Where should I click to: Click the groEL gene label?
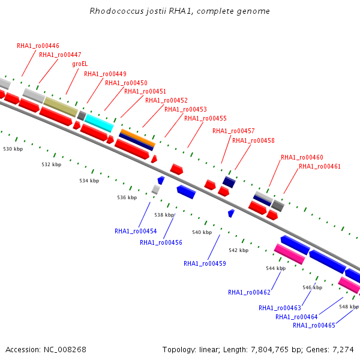pos(80,64)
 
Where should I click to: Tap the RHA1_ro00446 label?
pos(38,46)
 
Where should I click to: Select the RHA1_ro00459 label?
pos(205,263)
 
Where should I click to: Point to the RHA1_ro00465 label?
pos(314,325)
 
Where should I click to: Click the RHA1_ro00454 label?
pos(136,231)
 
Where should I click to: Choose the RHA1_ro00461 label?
pos(320,166)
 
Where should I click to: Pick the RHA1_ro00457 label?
pos(233,131)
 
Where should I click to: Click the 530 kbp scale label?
pos(13,149)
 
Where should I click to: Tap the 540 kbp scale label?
pos(202,232)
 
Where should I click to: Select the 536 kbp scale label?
pos(127,197)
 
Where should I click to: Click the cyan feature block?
pos(99,123)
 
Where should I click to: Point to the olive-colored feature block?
pos(61,107)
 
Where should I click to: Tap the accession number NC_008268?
pos(65,349)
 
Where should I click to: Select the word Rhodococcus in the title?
pos(116,11)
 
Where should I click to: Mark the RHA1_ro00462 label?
pos(249,292)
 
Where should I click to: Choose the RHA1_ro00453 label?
pos(185,109)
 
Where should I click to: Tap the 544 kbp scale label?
pos(276,268)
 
